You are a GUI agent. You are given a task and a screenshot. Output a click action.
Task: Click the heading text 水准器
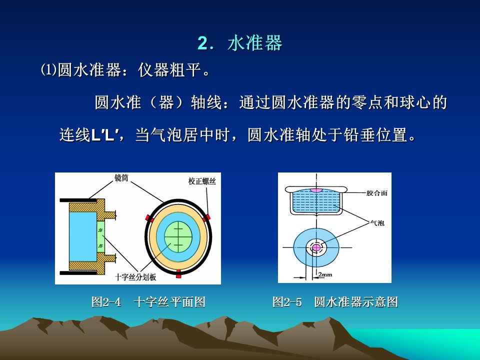pyautogui.click(x=254, y=43)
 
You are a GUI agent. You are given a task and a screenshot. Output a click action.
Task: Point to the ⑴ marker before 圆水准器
pyautogui.click(x=48, y=70)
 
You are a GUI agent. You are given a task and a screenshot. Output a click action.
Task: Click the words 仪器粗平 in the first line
pyautogui.click(x=169, y=70)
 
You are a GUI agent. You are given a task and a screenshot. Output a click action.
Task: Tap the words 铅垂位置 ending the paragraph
pyautogui.click(x=376, y=134)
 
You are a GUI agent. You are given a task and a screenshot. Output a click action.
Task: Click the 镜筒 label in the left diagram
pyautogui.click(x=121, y=178)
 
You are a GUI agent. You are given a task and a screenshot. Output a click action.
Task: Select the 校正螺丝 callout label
pyautogui.click(x=202, y=181)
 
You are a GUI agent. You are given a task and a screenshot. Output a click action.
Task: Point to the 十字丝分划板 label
pyautogui.click(x=135, y=277)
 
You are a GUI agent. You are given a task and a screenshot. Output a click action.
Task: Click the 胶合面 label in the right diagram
pyautogui.click(x=377, y=193)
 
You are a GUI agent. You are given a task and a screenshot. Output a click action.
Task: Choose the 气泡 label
pyautogui.click(x=377, y=223)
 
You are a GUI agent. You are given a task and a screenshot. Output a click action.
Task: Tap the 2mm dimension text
pyautogui.click(x=325, y=274)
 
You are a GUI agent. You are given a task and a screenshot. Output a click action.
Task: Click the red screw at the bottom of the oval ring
pyautogui.click(x=179, y=274)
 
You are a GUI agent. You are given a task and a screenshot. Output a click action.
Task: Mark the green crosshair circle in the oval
pyautogui.click(x=178, y=236)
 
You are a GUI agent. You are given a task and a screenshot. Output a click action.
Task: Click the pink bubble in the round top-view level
pyautogui.click(x=316, y=247)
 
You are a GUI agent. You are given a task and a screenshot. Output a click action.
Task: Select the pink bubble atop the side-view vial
pyautogui.click(x=316, y=190)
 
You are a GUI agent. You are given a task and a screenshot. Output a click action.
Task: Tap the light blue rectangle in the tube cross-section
pyautogui.click(x=82, y=236)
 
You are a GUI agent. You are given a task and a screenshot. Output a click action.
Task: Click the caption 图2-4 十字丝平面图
pyautogui.click(x=148, y=302)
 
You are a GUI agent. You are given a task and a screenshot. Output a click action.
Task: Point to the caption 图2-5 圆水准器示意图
pyautogui.click(x=335, y=302)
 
